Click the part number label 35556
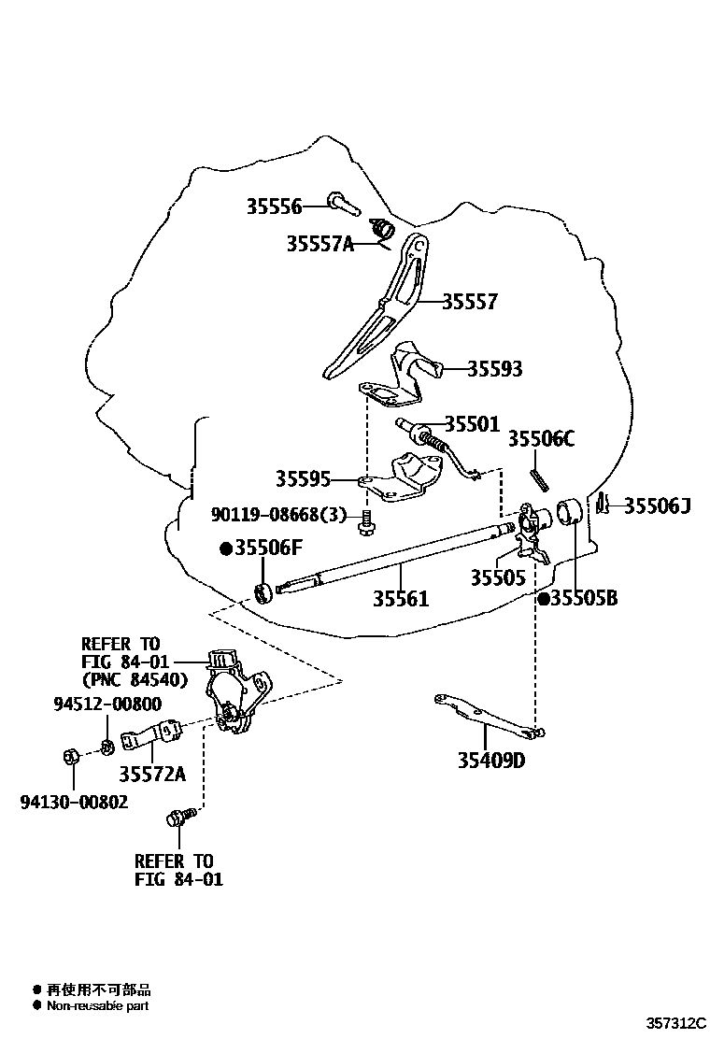click(274, 206)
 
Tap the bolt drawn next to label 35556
click(337, 201)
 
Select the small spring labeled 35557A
click(382, 229)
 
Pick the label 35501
click(472, 424)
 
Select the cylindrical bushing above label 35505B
click(570, 513)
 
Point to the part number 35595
click(303, 479)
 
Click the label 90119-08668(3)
click(278, 515)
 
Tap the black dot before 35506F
click(225, 548)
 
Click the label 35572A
click(151, 773)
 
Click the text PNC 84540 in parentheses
click(135, 679)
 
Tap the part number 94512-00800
click(107, 705)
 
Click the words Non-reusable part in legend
click(97, 1006)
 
